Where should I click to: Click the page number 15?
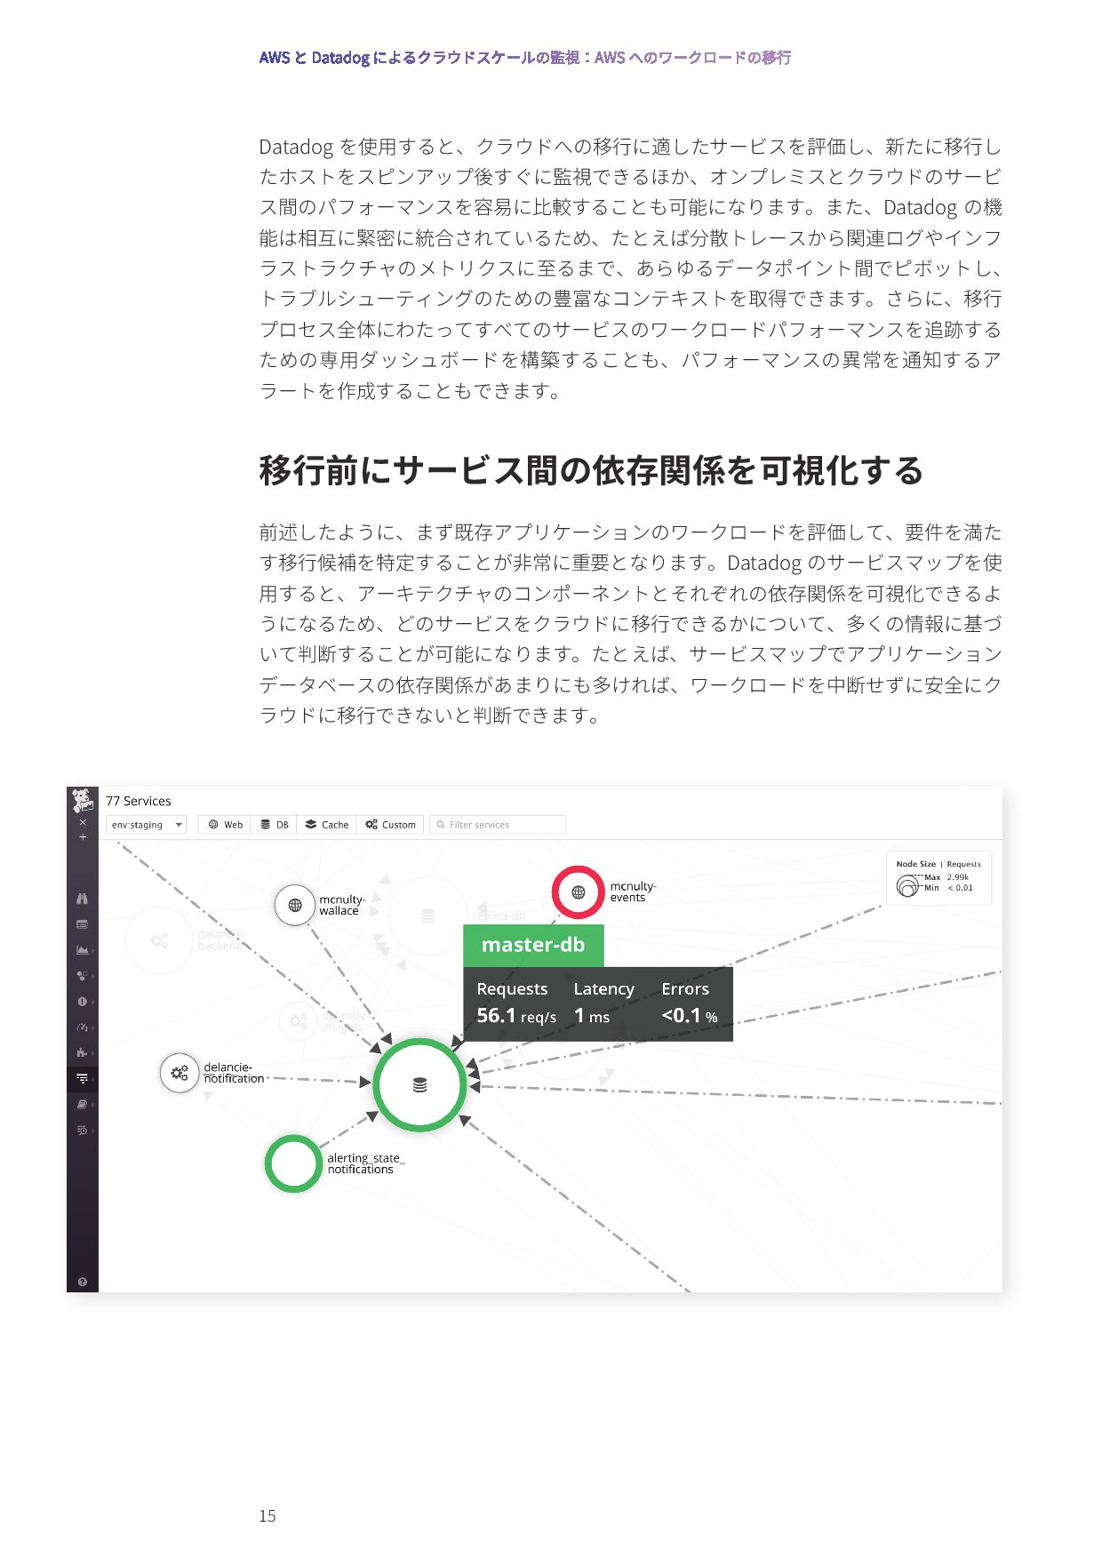click(268, 1516)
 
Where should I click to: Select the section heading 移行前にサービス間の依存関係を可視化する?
click(591, 470)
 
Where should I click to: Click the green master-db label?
click(533, 945)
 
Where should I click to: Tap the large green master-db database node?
click(419, 1084)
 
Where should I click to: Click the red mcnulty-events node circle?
click(578, 891)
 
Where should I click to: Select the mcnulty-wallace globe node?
click(295, 905)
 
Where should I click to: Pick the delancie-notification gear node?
click(180, 1073)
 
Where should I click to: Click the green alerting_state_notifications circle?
click(292, 1163)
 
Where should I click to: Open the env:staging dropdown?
click(146, 825)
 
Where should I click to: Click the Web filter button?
click(225, 825)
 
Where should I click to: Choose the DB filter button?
click(275, 825)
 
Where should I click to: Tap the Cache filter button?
click(327, 825)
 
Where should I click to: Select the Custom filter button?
click(391, 825)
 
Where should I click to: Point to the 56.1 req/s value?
click(515, 1016)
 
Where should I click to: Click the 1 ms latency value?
click(592, 1016)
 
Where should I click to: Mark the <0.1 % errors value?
click(689, 1016)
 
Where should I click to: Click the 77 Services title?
click(138, 801)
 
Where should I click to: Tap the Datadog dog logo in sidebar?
click(83, 800)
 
